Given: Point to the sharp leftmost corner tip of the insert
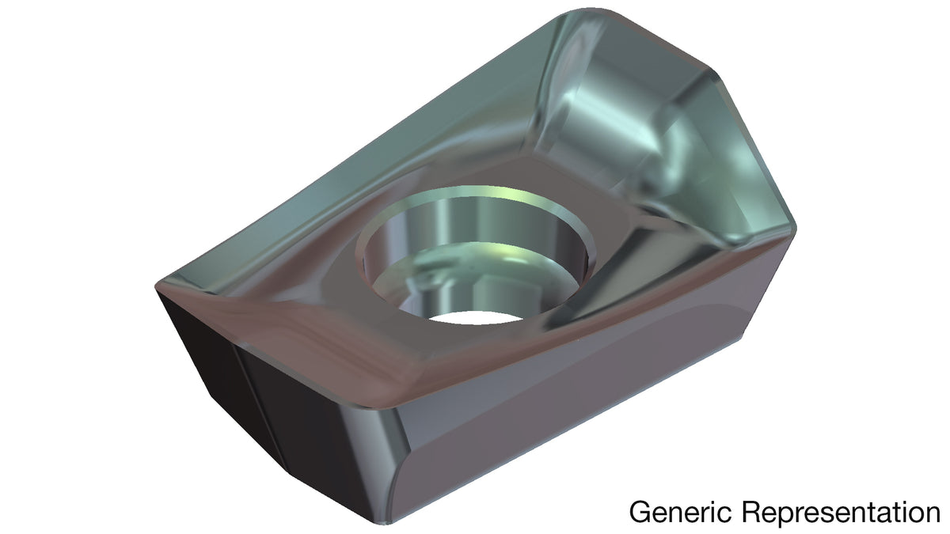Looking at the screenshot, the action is click(156, 287).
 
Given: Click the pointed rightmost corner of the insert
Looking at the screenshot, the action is click(795, 229).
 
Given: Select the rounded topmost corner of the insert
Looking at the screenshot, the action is click(591, 10).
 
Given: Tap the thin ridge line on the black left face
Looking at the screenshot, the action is click(260, 407).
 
